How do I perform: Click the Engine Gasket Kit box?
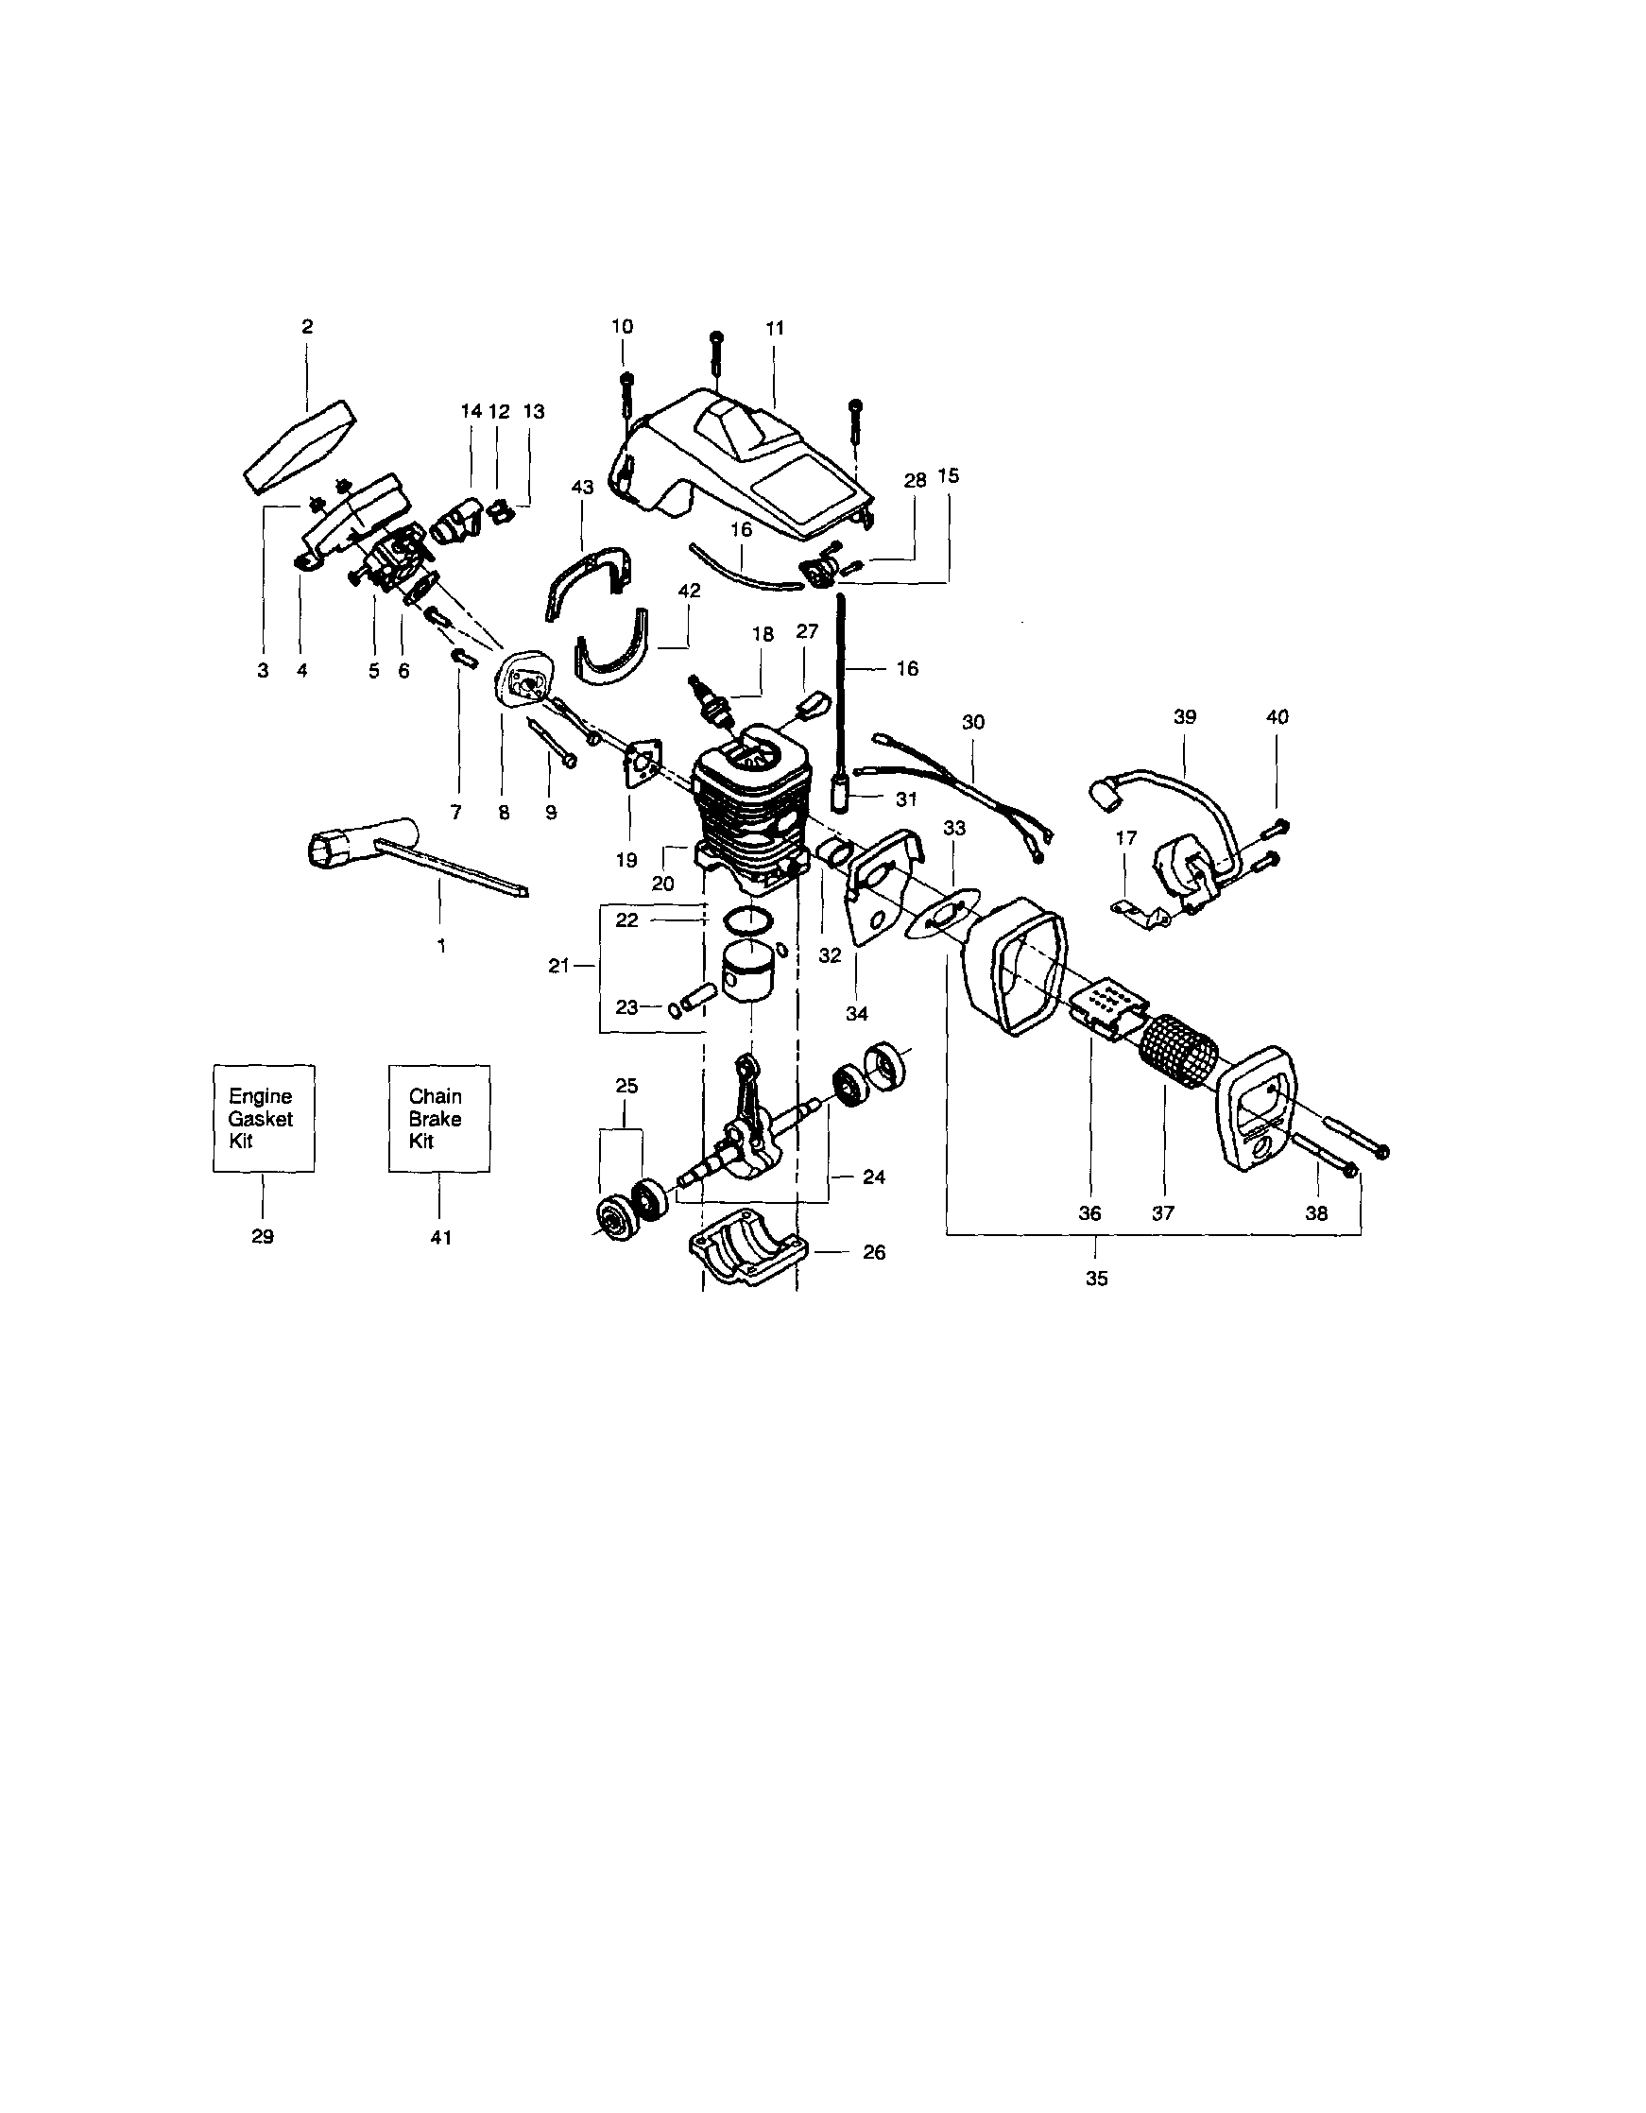coord(264,1119)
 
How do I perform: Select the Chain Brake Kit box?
coord(438,1119)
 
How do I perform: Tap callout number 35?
coord(1095,1278)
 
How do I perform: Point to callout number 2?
coord(308,327)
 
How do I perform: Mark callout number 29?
coord(263,1236)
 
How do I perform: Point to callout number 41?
coord(440,1237)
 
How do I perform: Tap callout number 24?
coord(874,1177)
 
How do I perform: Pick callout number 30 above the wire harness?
coord(973,722)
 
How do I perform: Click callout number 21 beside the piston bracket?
coord(558,965)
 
